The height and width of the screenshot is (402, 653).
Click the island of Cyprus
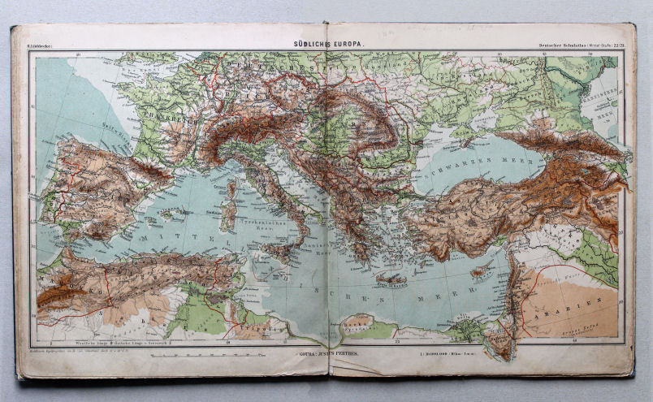[x=482, y=270]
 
